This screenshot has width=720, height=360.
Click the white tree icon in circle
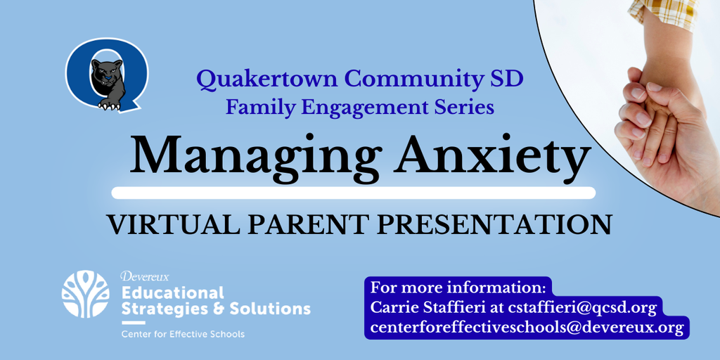coord(85,294)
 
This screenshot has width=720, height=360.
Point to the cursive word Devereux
coord(144,276)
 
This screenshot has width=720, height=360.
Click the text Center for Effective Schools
coord(183,334)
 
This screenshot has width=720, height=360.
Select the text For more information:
coord(458,288)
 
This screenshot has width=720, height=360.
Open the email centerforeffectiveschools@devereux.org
coord(527,328)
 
